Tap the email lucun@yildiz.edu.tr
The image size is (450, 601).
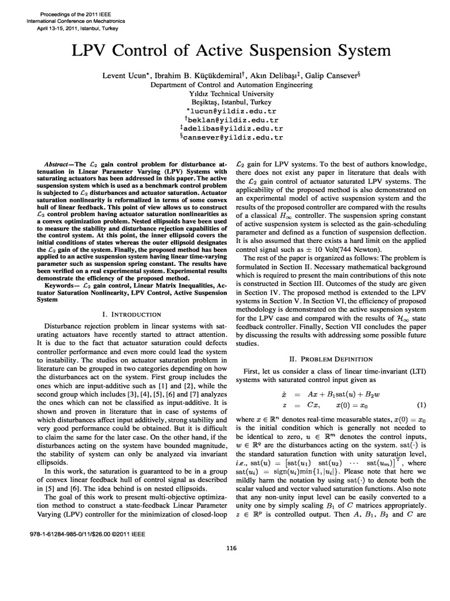(233, 110)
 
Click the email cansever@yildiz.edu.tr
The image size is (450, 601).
(233, 137)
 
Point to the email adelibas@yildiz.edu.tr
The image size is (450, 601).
(233, 128)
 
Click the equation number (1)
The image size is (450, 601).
(421, 405)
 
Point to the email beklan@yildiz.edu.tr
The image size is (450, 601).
(233, 119)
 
